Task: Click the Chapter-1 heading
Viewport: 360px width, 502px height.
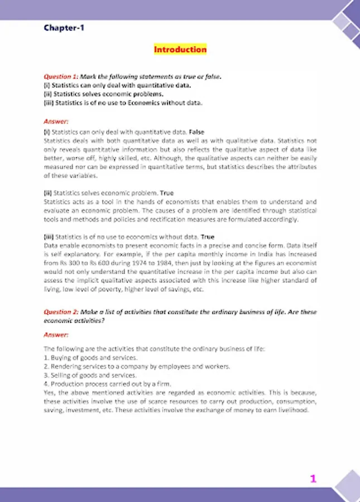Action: click(x=65, y=27)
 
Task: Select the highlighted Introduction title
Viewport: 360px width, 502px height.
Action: click(x=180, y=50)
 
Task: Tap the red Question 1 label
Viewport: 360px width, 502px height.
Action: click(x=61, y=76)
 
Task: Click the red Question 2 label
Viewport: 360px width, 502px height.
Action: click(x=61, y=312)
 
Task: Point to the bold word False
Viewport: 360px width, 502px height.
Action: click(x=197, y=132)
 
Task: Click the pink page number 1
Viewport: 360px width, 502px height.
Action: click(x=313, y=479)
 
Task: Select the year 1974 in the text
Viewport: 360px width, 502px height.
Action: click(x=128, y=261)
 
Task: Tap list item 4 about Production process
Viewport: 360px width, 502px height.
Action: click(x=102, y=384)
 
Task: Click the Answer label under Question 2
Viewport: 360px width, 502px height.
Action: click(x=56, y=335)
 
